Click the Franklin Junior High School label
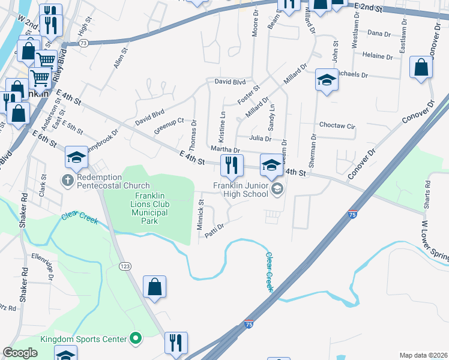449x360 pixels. tap(241, 190)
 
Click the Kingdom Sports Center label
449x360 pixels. tap(83, 340)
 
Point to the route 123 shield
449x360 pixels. tap(125, 266)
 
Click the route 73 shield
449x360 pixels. tap(83, 43)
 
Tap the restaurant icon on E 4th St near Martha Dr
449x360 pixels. tap(231, 164)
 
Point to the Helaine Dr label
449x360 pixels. tap(378, 56)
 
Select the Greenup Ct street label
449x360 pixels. tap(168, 127)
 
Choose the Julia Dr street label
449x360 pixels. tap(260, 138)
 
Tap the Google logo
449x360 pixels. tap(20, 353)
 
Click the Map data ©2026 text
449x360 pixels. tap(423, 355)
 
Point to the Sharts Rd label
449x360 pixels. tap(427, 193)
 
